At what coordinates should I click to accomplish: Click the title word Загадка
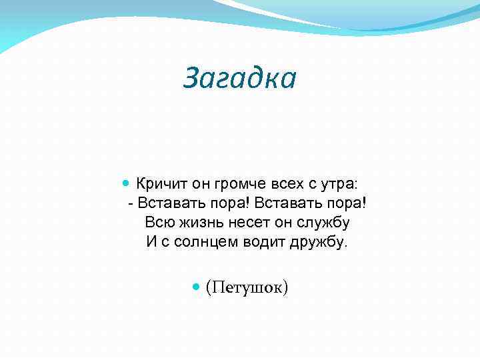coord(239,78)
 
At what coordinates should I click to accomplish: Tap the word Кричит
coord(162,184)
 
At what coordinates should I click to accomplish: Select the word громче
coord(242,184)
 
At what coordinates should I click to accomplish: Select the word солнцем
coord(213,242)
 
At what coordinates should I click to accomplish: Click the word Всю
coord(157,223)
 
